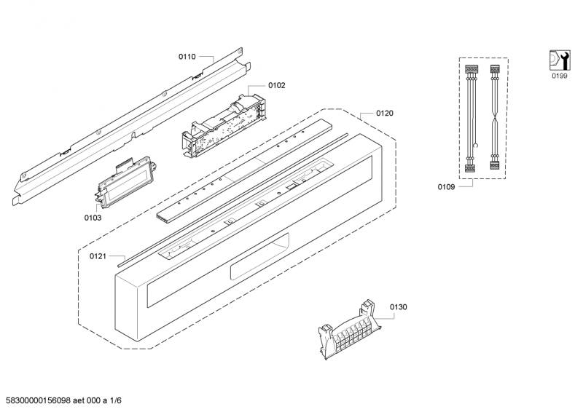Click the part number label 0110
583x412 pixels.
[x=187, y=56]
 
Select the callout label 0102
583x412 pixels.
[x=277, y=85]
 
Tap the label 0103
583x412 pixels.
[x=93, y=217]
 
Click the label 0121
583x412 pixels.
[x=98, y=255]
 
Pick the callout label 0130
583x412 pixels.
[x=399, y=307]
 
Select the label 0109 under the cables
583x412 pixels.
[x=446, y=187]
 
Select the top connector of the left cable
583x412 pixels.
[x=470, y=71]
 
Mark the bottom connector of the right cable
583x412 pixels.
[x=495, y=169]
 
